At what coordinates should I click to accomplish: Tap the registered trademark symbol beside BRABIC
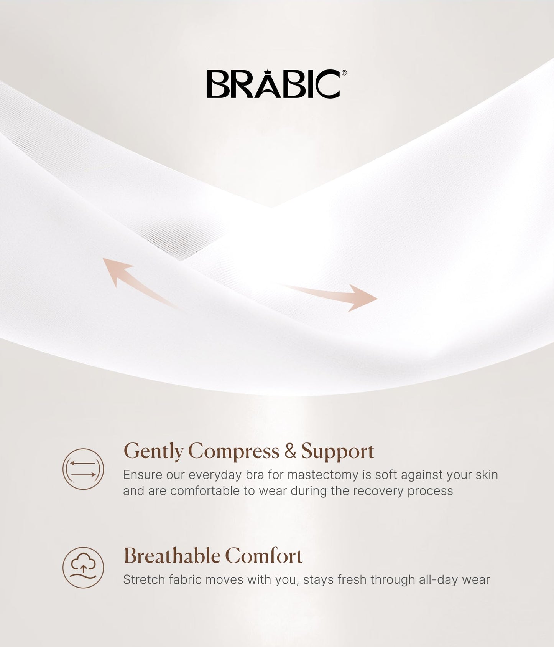[344, 73]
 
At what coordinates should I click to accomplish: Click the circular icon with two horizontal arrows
[83, 469]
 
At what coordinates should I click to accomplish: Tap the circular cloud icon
[83, 567]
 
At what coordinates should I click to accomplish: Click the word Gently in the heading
[153, 451]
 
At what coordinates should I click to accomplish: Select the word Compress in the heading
[233, 451]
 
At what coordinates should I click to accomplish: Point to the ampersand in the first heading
[290, 451]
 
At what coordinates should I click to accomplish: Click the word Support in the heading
[337, 451]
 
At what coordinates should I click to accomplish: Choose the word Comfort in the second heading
[264, 556]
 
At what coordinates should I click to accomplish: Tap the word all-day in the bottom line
[438, 579]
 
